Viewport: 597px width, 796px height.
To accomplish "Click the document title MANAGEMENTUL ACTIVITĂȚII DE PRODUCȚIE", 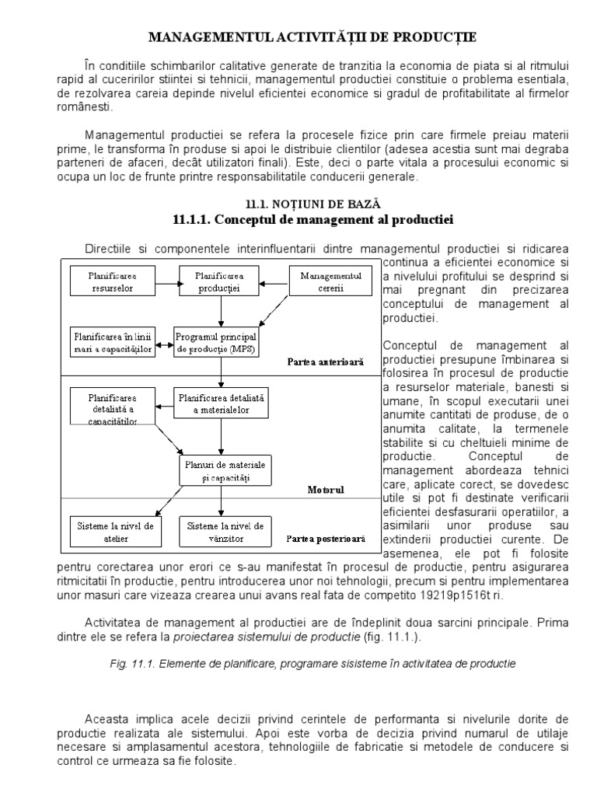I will coord(298,37).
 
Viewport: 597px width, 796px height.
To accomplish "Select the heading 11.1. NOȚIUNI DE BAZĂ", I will coord(298,204).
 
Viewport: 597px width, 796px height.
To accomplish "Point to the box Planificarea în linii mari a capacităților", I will coord(113,342).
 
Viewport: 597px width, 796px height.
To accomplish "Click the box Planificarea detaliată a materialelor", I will coord(222,403).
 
